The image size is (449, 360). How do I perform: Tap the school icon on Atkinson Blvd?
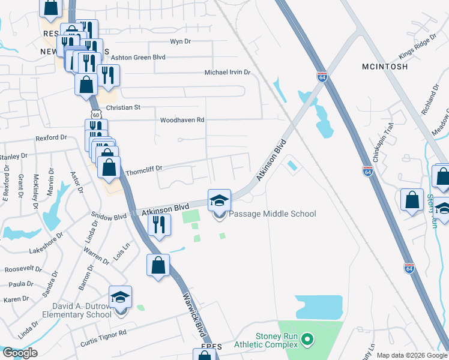pos(219,200)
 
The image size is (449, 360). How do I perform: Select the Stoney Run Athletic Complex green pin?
pos(307,340)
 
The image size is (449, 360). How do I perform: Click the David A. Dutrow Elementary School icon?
pos(120,297)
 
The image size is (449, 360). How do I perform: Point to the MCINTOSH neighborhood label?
pos(385,66)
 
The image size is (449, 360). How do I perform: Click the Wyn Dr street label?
pos(180,41)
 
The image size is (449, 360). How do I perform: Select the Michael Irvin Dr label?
pos(227,72)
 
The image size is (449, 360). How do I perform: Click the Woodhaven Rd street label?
pos(182,120)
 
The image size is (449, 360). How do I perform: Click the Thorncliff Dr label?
pos(143,169)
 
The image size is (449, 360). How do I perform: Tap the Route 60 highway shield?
pos(96,114)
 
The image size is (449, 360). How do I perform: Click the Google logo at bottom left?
pos(20,353)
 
